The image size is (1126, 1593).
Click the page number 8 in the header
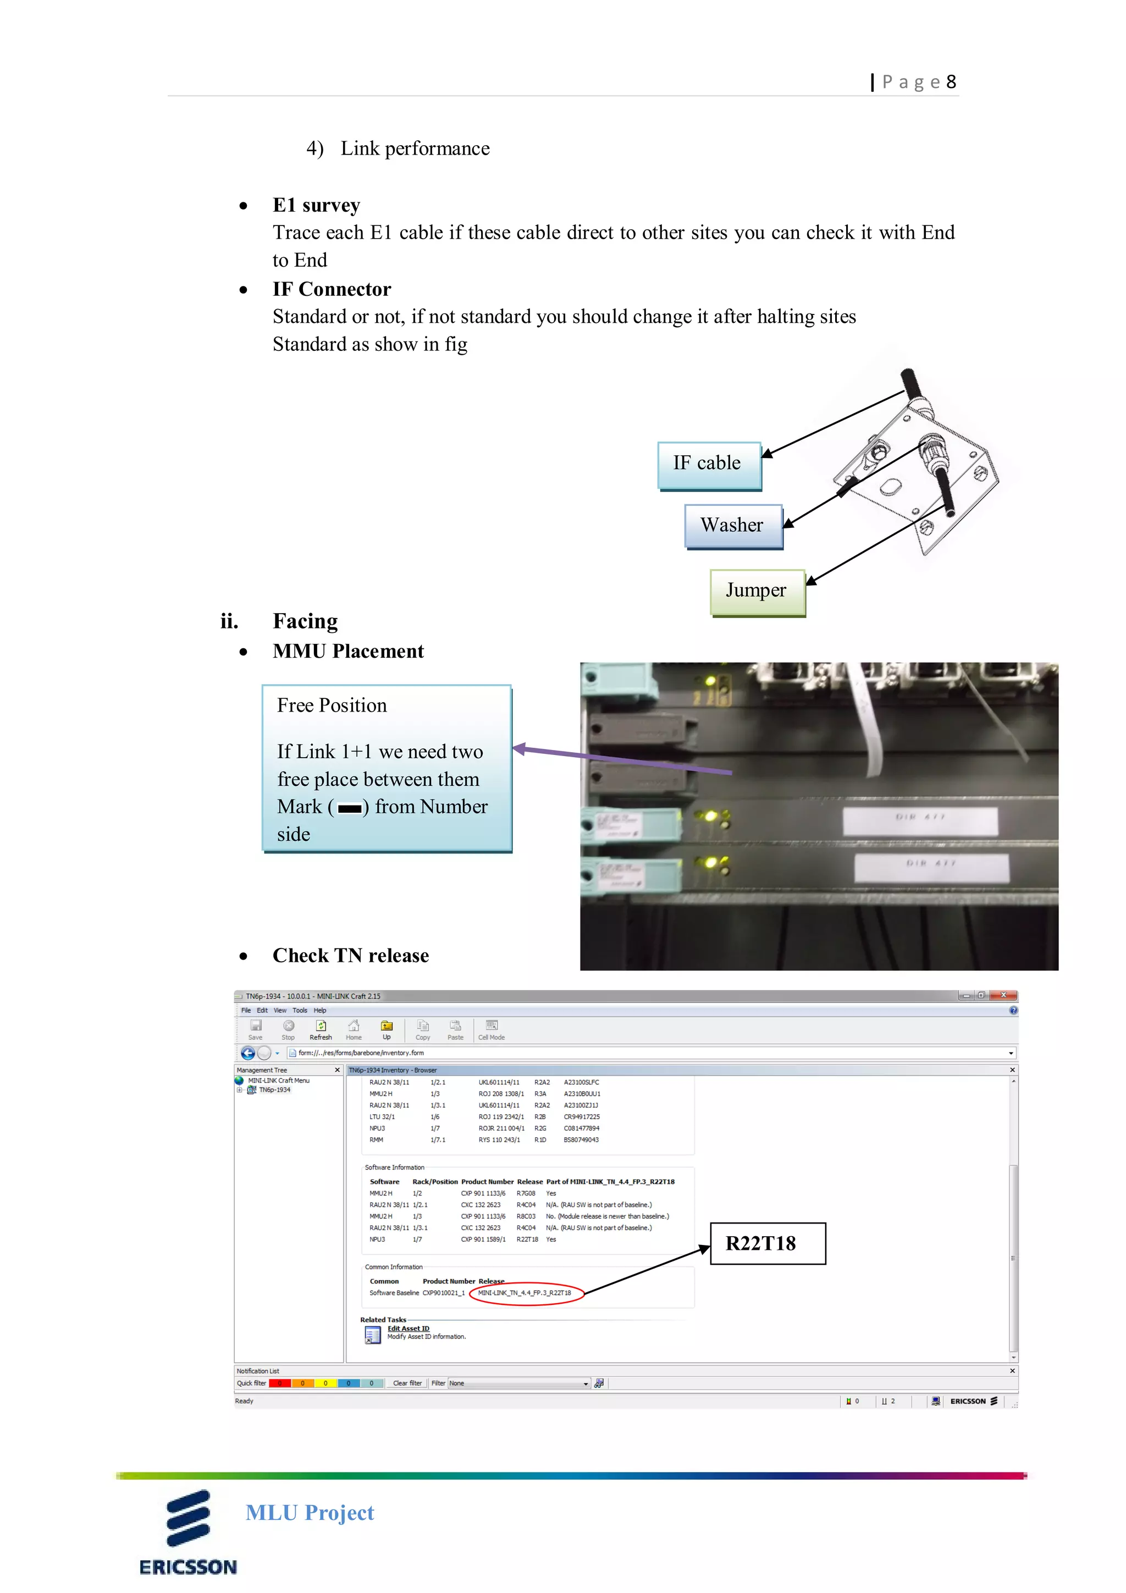(x=951, y=82)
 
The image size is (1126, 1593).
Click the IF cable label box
(x=708, y=464)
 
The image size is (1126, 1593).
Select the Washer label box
(x=733, y=526)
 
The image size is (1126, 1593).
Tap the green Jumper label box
(x=757, y=591)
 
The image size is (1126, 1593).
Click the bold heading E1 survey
(x=316, y=205)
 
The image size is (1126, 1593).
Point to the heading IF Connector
(x=332, y=289)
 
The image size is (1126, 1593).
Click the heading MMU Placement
(x=347, y=652)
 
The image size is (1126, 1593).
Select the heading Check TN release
(x=350, y=956)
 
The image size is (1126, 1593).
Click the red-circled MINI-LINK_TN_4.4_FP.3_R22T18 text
(x=525, y=1293)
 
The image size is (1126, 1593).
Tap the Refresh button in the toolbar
(x=321, y=1029)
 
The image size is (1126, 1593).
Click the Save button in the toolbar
(x=255, y=1029)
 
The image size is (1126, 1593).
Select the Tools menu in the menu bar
(x=299, y=1010)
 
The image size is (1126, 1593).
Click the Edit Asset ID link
(x=408, y=1329)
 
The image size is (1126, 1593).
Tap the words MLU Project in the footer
(x=310, y=1513)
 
